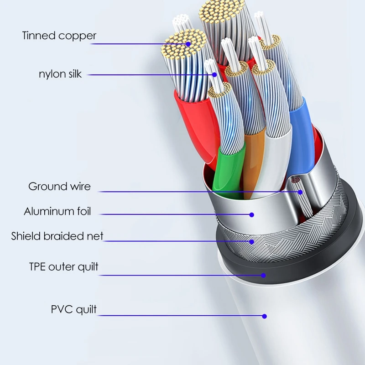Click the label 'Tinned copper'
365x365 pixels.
pyautogui.click(x=59, y=36)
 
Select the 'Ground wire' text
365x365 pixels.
pyautogui.click(x=59, y=186)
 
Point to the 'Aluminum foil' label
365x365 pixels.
pyautogui.click(x=57, y=211)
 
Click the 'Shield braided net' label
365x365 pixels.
pyautogui.click(x=57, y=236)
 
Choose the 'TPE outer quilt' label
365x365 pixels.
pyautogui.click(x=63, y=266)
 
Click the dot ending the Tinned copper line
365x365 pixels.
pyautogui.click(x=188, y=44)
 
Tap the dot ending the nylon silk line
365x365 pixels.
pyautogui.click(x=213, y=74)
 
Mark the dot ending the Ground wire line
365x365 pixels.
pyautogui.click(x=300, y=192)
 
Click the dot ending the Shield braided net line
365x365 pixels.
pyautogui.click(x=251, y=241)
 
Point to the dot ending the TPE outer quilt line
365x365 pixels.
pyautogui.click(x=263, y=275)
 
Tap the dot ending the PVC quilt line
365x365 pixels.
pyautogui.click(x=264, y=316)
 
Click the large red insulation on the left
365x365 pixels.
pyautogui.click(x=192, y=123)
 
